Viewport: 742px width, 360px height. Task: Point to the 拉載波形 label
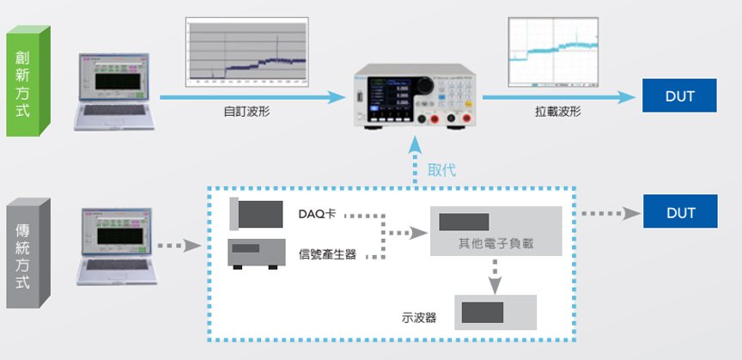click(x=557, y=113)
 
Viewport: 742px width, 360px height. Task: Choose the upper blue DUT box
click(x=679, y=95)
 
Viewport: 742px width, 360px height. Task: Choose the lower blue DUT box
click(x=679, y=211)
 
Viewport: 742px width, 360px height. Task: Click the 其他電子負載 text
click(x=496, y=244)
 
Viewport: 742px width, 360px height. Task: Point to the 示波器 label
click(x=419, y=318)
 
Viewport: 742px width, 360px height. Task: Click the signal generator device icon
click(x=256, y=253)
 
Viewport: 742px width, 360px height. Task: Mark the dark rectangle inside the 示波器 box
click(x=483, y=311)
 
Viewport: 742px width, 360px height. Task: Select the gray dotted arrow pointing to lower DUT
click(x=608, y=212)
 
